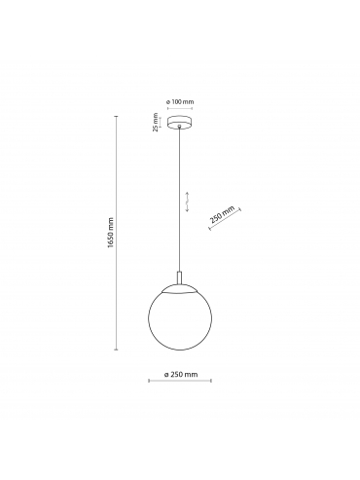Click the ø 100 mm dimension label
(180, 101)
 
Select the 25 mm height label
(156, 122)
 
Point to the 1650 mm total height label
(111, 233)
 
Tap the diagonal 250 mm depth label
(222, 215)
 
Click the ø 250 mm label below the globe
(180, 375)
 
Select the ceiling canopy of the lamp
(180, 123)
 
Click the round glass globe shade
(180, 317)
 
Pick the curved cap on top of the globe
(180, 289)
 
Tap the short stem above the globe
(180, 277)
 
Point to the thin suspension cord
(180, 199)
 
